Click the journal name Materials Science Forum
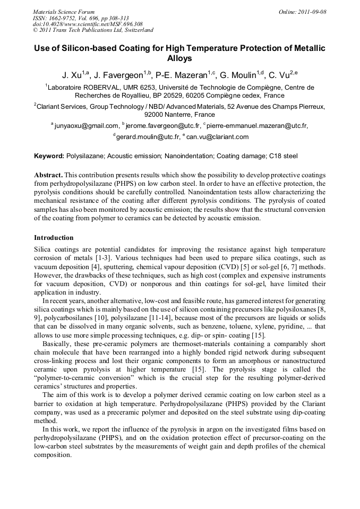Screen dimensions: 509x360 (64, 12)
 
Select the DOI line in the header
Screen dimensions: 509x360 (88, 24)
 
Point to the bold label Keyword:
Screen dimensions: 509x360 (49, 156)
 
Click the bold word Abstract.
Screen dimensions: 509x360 (49, 175)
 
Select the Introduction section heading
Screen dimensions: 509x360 (54, 237)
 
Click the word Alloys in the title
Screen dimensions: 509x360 (179, 58)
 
